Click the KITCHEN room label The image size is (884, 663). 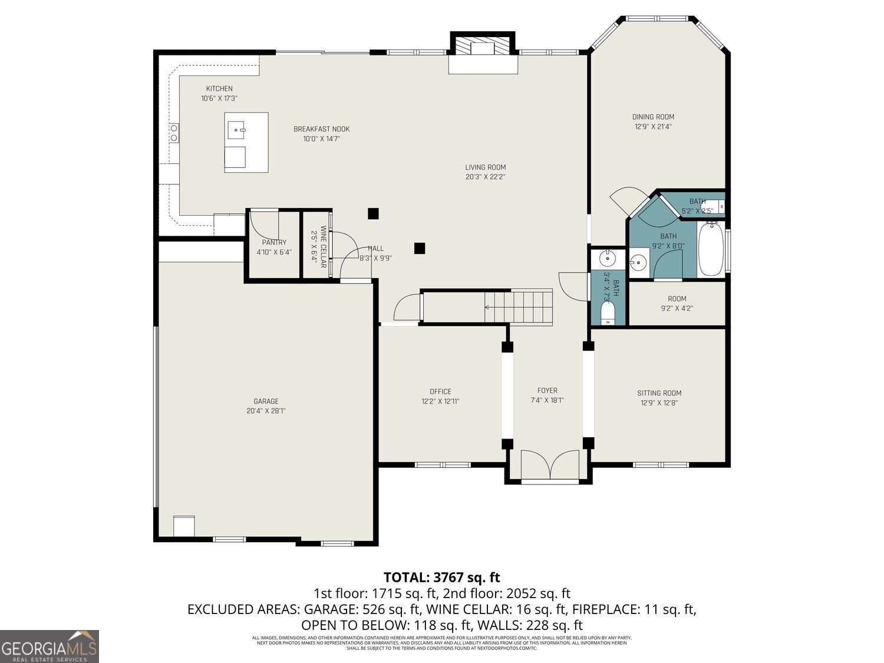tap(219, 89)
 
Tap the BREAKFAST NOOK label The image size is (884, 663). tap(321, 129)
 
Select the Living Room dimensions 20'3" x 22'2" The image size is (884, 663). tap(485, 177)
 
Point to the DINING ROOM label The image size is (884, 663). tap(653, 117)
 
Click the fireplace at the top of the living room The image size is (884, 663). tap(483, 47)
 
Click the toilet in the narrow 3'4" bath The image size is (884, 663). tap(608, 313)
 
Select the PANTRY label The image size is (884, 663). tap(274, 242)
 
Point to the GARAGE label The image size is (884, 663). tap(266, 401)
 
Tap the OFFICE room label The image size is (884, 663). tap(440, 391)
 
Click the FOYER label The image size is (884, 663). tap(547, 390)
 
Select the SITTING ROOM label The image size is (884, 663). tap(659, 393)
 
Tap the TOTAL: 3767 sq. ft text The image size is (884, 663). tap(441, 577)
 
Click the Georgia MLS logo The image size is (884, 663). tap(50, 646)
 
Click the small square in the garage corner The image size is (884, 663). tap(184, 526)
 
